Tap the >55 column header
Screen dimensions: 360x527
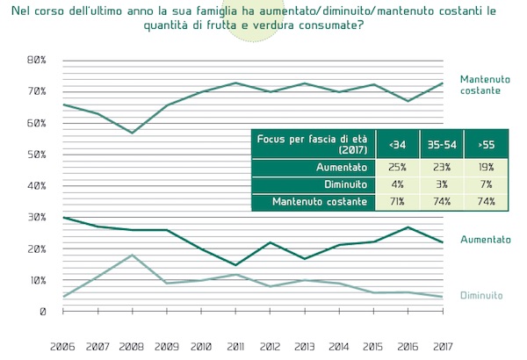point(486,143)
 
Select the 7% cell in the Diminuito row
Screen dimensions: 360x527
point(486,184)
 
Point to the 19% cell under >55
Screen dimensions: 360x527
point(486,167)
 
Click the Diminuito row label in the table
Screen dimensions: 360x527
point(343,184)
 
